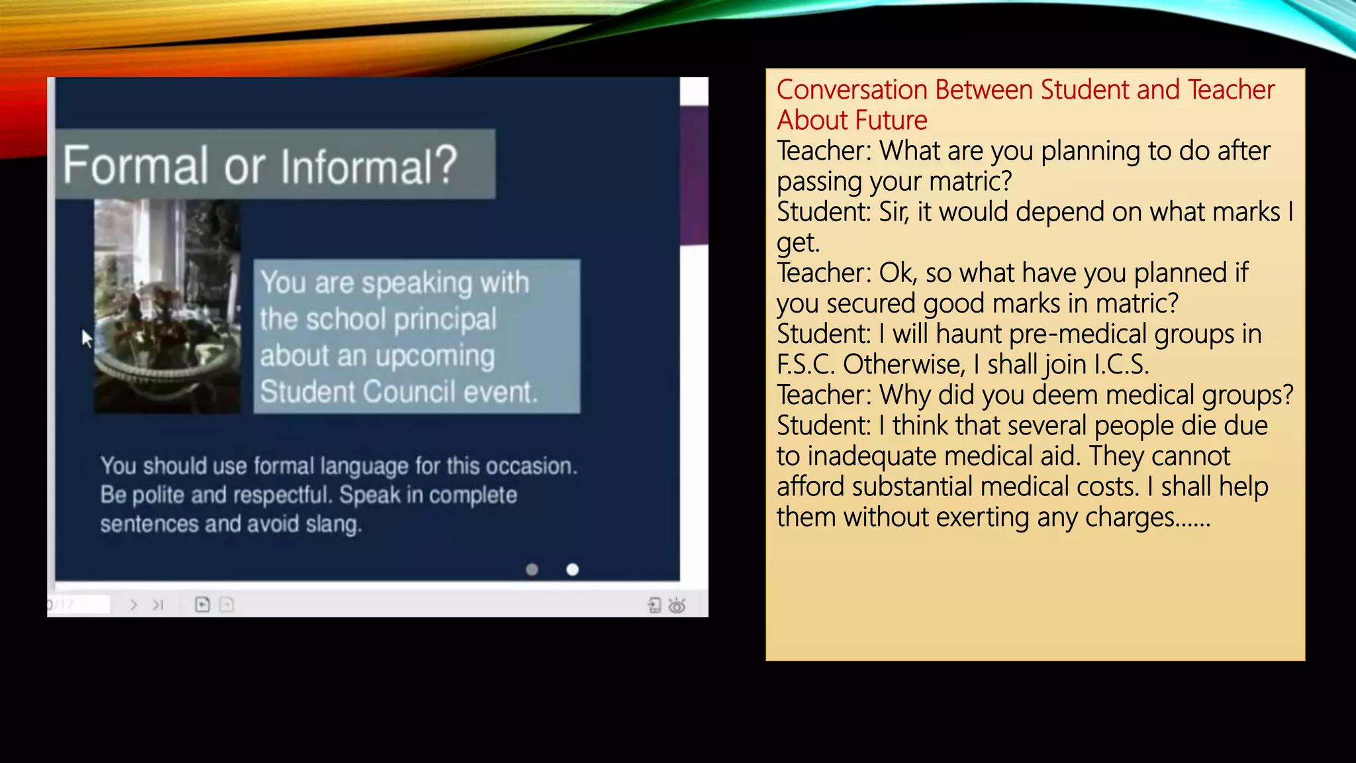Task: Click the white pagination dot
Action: click(x=573, y=570)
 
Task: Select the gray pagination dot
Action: click(x=532, y=570)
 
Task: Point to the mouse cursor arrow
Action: click(x=87, y=338)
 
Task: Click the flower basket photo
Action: click(x=168, y=307)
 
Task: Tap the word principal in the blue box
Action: click(x=446, y=319)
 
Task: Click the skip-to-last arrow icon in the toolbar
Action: click(x=158, y=605)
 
